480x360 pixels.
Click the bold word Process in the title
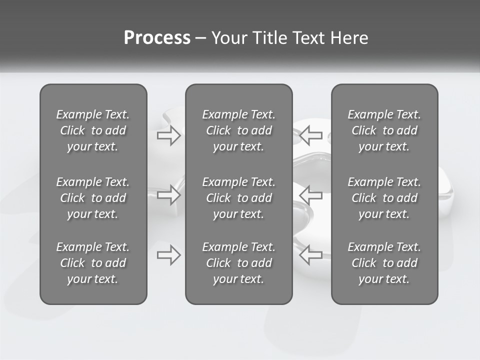(157, 38)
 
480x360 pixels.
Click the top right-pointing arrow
(168, 135)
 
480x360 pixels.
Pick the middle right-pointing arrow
(168, 195)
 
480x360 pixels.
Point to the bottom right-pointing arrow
(168, 255)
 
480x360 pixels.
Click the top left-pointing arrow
(310, 135)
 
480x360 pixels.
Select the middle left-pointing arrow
(310, 195)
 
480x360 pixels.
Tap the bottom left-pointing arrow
(310, 255)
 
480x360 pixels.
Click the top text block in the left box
(93, 130)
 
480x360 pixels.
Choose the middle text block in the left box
(93, 198)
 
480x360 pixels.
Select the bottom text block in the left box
(93, 263)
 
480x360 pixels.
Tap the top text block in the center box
(239, 130)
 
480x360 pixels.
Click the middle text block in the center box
(239, 198)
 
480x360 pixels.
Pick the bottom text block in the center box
(239, 263)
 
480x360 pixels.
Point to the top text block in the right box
(384, 130)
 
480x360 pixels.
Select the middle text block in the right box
(384, 198)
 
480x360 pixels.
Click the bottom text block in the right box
(384, 263)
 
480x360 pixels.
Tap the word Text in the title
(308, 38)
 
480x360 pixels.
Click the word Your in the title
(228, 38)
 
